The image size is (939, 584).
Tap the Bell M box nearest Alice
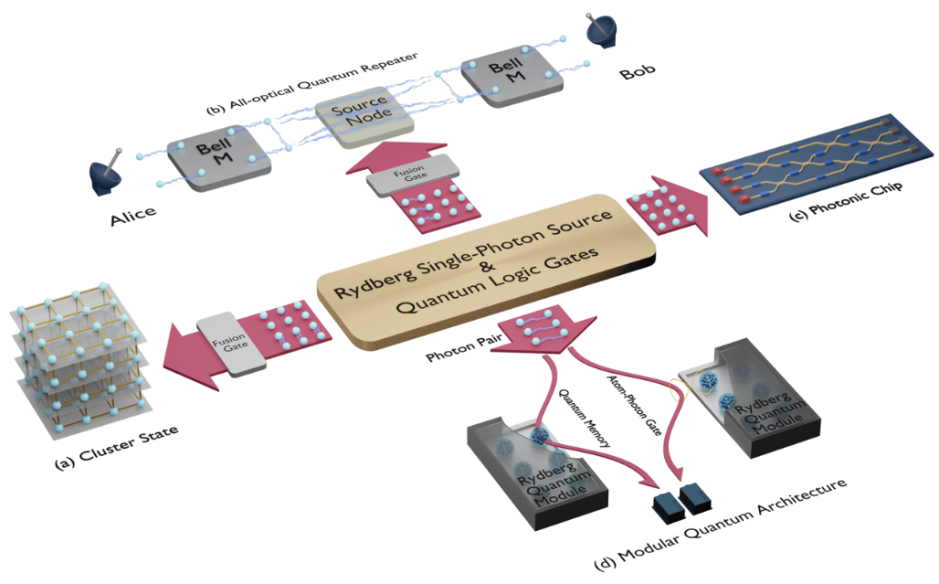210,156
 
